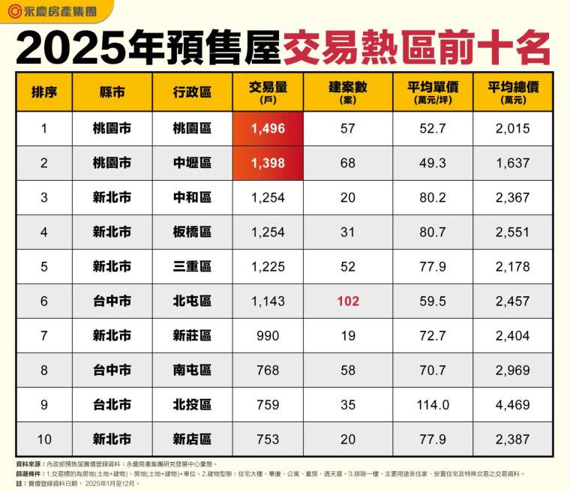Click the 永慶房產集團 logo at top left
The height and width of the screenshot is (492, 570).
point(51,11)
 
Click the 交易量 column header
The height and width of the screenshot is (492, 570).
point(268,91)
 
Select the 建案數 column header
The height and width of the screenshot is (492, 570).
point(347,91)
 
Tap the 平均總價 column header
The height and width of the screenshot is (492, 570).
point(512,91)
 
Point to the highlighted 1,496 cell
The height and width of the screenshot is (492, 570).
point(268,128)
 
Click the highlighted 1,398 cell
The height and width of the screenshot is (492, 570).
point(268,163)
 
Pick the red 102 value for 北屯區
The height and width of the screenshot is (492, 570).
point(347,301)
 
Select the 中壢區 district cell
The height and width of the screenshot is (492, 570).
point(191,163)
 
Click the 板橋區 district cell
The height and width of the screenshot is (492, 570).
point(191,232)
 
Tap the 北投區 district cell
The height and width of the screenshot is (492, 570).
point(191,405)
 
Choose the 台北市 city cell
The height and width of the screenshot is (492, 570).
point(112,405)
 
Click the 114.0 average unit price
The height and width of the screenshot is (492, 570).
point(433,405)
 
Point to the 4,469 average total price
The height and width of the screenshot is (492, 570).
point(512,405)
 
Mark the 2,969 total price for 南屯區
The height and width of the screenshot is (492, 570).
point(512,370)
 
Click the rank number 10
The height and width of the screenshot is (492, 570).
point(44,439)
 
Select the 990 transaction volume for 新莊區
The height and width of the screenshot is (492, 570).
point(268,336)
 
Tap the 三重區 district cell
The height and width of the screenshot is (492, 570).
point(191,267)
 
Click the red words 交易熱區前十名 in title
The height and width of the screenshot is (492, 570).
point(415,47)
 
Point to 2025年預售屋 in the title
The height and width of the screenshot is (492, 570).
point(148,47)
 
